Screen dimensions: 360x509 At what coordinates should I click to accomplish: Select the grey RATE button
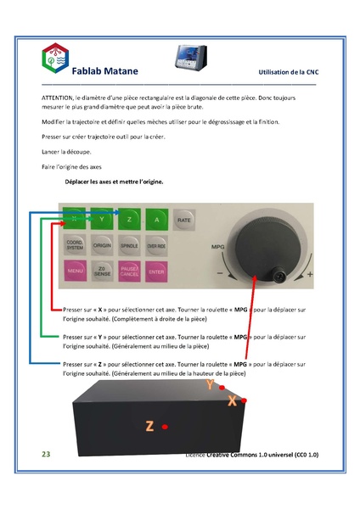coord(183,220)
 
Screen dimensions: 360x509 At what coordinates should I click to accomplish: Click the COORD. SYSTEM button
coord(74,245)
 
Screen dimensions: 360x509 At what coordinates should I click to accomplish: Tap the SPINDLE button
coord(128,245)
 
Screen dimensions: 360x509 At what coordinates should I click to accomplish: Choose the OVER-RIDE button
coord(155,245)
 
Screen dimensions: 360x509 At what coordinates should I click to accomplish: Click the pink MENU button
coord(74,272)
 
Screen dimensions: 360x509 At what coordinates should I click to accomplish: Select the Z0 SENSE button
coord(101,272)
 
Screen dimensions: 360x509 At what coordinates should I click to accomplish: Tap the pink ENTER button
coord(155,272)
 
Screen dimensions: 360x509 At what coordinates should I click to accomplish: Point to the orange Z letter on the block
coord(149,426)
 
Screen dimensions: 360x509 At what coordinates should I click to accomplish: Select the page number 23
coord(47,456)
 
